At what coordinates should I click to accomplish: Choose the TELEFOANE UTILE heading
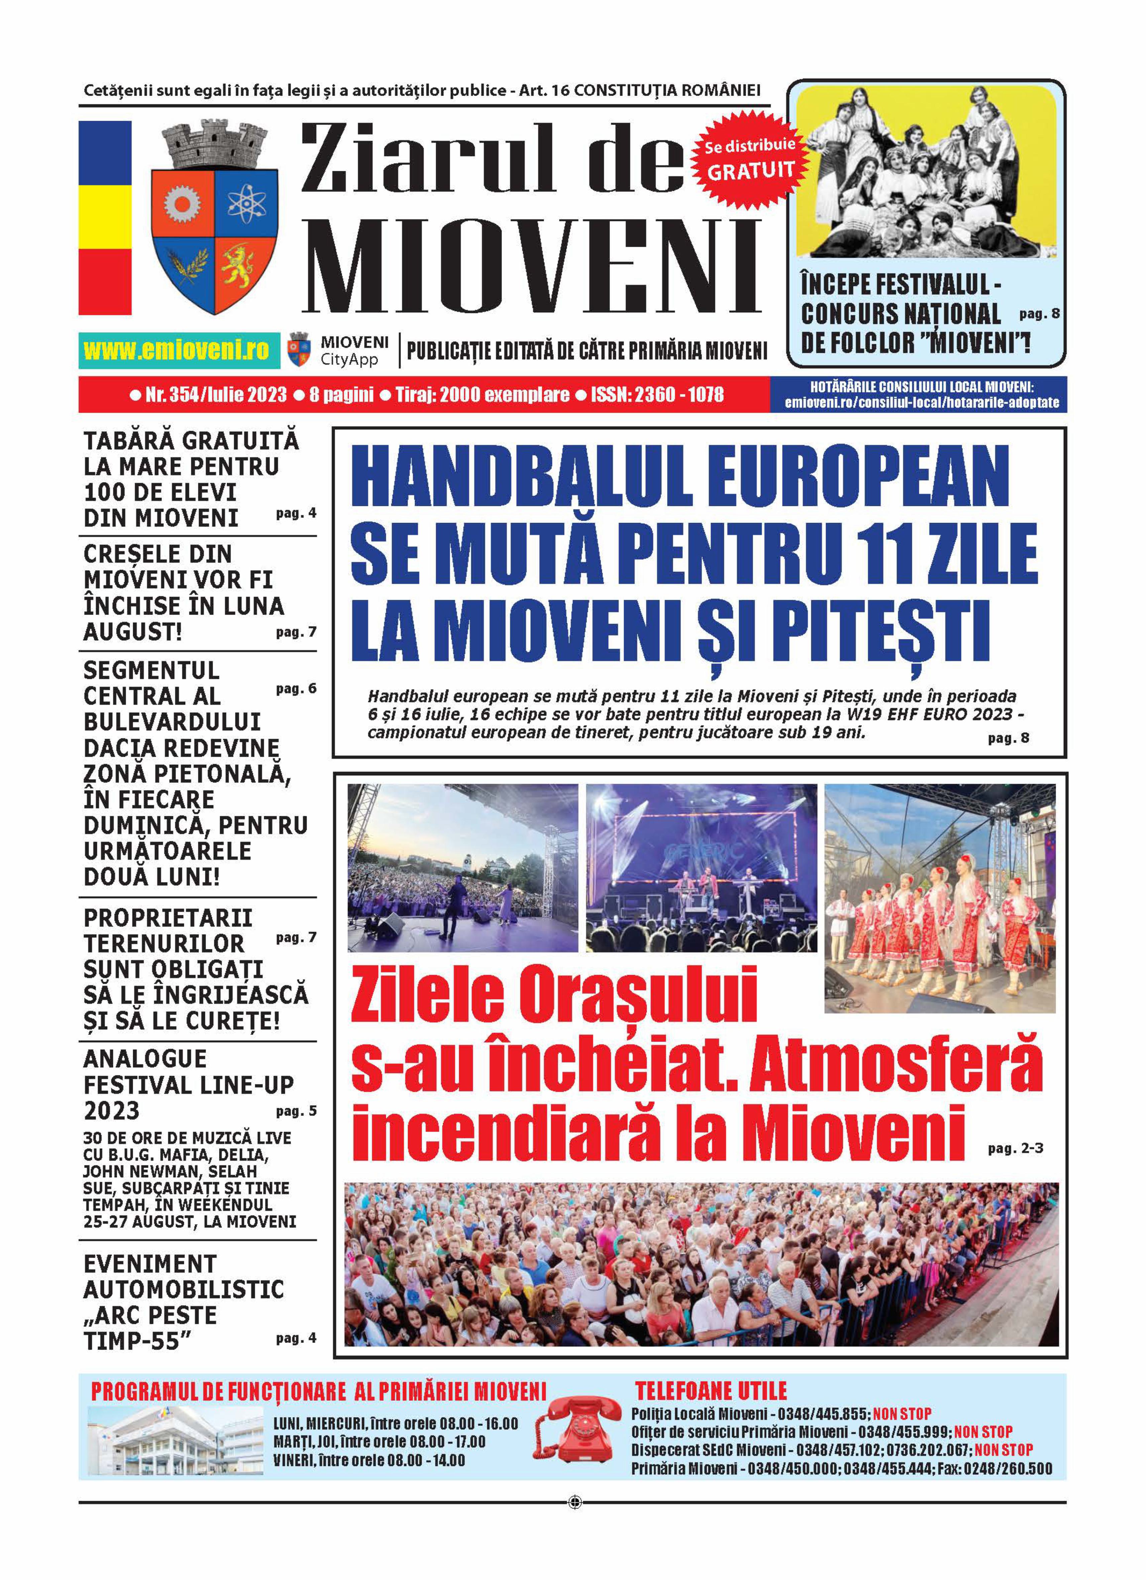(711, 1391)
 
